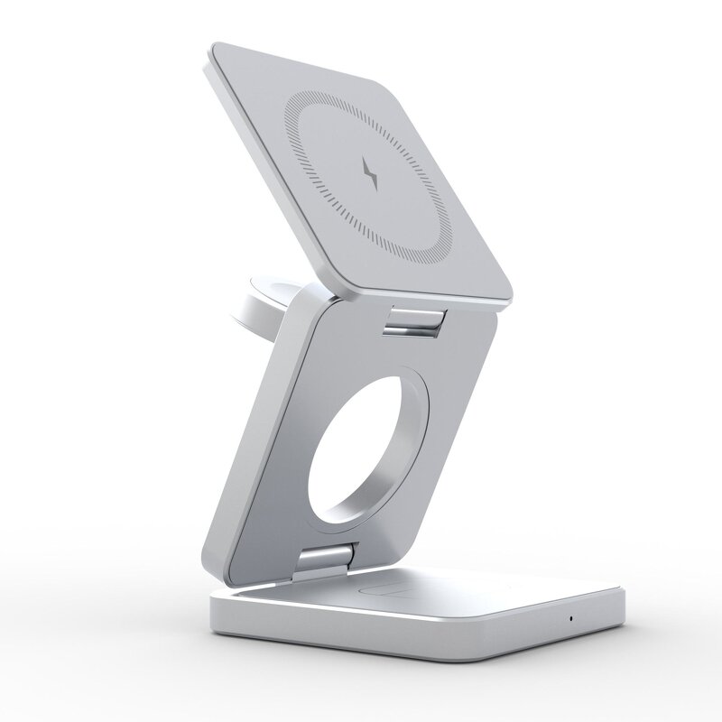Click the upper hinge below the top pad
416,319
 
